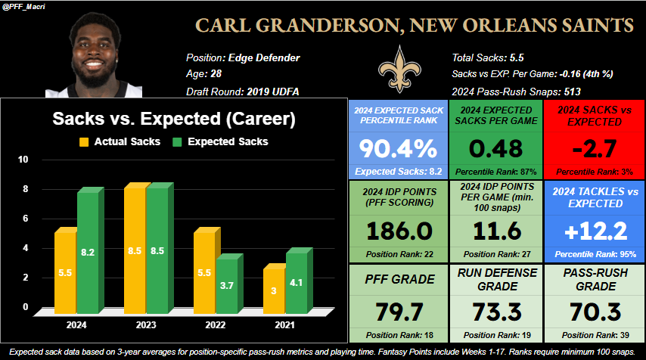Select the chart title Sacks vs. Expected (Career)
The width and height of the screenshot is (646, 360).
coord(173,119)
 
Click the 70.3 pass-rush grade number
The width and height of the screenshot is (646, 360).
coord(592,312)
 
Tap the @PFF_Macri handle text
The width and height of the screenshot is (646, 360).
coord(24,6)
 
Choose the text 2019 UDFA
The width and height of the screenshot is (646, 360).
coord(273,92)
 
